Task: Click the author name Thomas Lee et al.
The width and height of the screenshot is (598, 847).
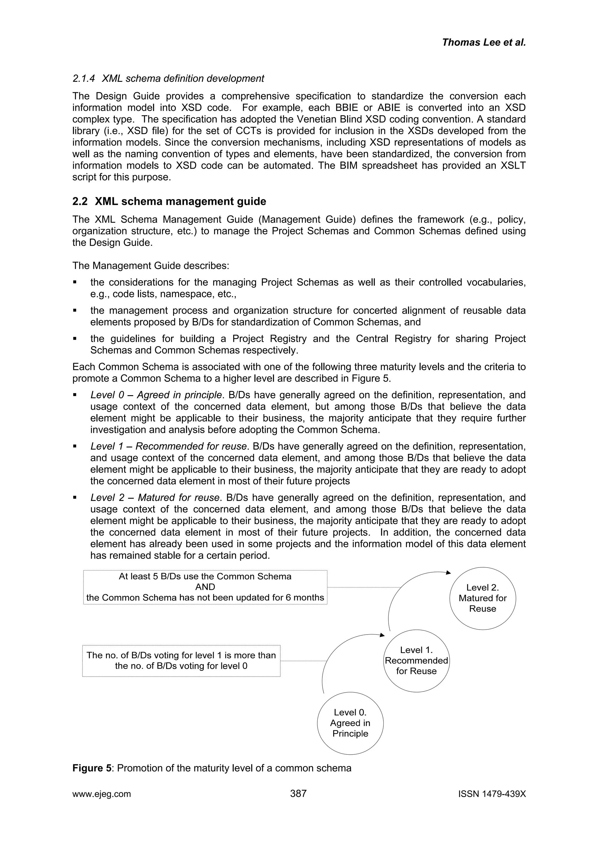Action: pyautogui.click(x=484, y=42)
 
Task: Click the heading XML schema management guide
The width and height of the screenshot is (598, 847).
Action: pyautogui.click(x=180, y=201)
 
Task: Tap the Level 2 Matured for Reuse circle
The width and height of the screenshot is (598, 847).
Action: pyautogui.click(x=482, y=598)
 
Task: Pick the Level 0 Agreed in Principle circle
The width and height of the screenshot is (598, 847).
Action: pyautogui.click(x=350, y=723)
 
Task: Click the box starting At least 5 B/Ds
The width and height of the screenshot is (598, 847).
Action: pyautogui.click(x=205, y=587)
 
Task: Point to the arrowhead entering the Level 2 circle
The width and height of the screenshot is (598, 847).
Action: pyautogui.click(x=448, y=573)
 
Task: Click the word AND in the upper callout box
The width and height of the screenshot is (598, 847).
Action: pyautogui.click(x=205, y=587)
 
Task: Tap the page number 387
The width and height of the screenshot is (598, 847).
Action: pyautogui.click(x=298, y=794)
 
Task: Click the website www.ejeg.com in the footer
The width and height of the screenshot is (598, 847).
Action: pyautogui.click(x=101, y=794)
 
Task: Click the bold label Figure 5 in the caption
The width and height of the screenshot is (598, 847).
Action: pyautogui.click(x=92, y=768)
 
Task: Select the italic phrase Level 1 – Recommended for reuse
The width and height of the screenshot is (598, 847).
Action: pyautogui.click(x=168, y=446)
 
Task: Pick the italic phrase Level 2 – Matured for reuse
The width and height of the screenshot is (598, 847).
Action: pyautogui.click(x=155, y=498)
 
